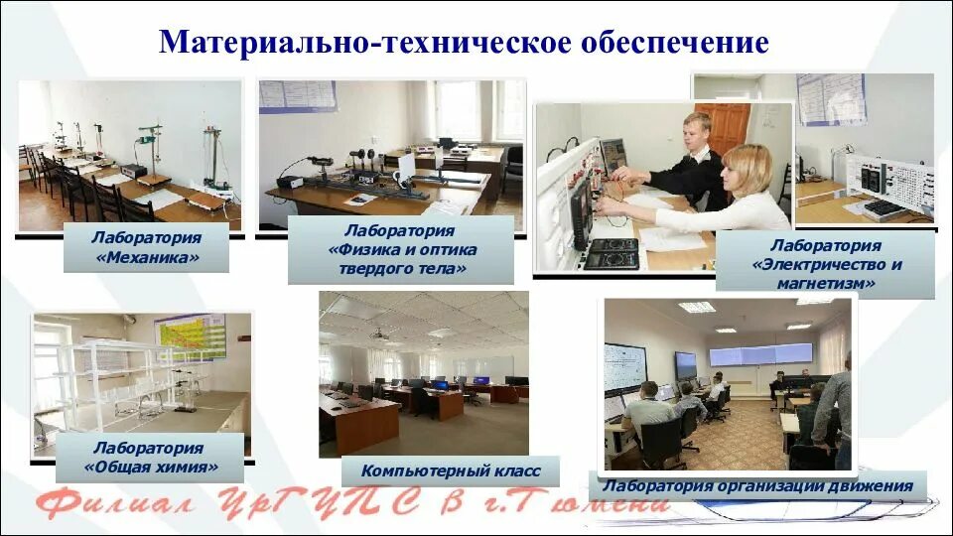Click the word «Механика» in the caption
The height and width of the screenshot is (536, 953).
tap(146, 258)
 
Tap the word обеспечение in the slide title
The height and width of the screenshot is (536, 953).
tap(684, 43)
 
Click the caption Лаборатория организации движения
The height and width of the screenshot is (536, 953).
tap(757, 486)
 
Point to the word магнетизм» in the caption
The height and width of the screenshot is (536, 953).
tap(827, 283)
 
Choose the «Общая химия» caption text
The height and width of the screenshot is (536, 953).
tap(153, 468)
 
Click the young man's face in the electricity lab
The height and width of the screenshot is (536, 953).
tap(697, 134)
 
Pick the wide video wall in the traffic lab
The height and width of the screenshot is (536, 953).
tap(760, 353)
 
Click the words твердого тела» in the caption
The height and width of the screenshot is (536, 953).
tap(400, 268)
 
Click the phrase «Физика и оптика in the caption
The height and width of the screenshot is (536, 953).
tap(401, 249)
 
